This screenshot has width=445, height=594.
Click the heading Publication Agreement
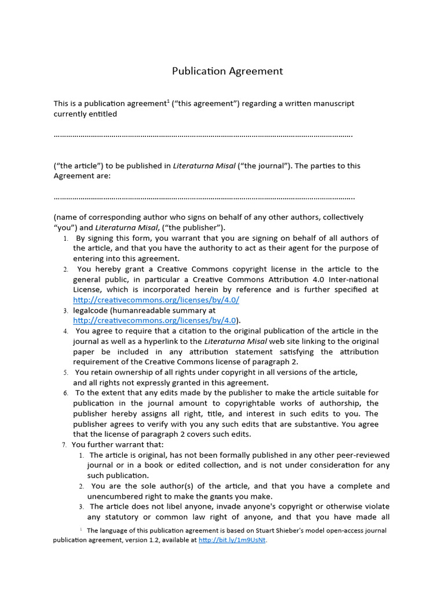click(227, 71)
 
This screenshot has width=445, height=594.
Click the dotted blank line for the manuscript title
click(203, 136)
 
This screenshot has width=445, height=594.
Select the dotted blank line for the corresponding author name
click(204, 198)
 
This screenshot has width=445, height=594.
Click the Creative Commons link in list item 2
click(156, 300)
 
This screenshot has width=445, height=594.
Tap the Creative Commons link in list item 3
click(155, 320)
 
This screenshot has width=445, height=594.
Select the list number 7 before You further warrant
click(64, 445)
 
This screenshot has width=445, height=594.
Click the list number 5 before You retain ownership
click(66, 372)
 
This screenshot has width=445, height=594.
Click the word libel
click(174, 507)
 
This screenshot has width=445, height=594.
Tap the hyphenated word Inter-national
click(352, 279)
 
